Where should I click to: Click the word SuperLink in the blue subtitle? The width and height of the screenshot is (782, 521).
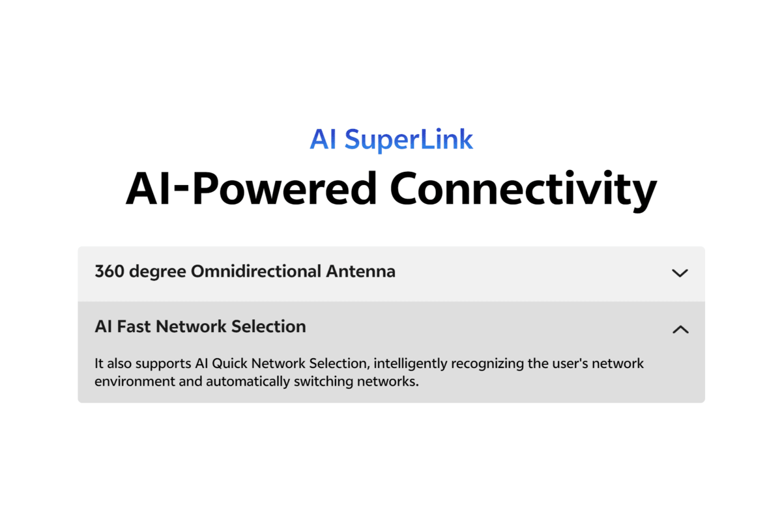tap(409, 140)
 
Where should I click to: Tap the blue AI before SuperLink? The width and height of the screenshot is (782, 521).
tap(323, 139)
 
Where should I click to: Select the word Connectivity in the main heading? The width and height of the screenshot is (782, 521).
tap(523, 191)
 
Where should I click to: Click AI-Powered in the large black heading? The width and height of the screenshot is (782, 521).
tap(252, 188)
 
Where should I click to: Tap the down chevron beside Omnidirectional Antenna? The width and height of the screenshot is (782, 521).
tap(680, 272)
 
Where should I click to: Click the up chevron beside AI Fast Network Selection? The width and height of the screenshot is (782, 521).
tap(680, 330)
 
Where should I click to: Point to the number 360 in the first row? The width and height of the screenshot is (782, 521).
tap(109, 271)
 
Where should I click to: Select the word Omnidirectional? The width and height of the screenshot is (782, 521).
tap(256, 271)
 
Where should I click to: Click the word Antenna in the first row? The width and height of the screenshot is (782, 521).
tap(360, 271)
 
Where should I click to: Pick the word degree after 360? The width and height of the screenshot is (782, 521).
tap(158, 272)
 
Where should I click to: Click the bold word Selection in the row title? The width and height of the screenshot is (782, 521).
tap(268, 327)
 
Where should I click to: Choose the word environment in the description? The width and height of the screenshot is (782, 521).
tap(135, 382)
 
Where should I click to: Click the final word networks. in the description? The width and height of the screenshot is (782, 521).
tap(388, 382)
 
